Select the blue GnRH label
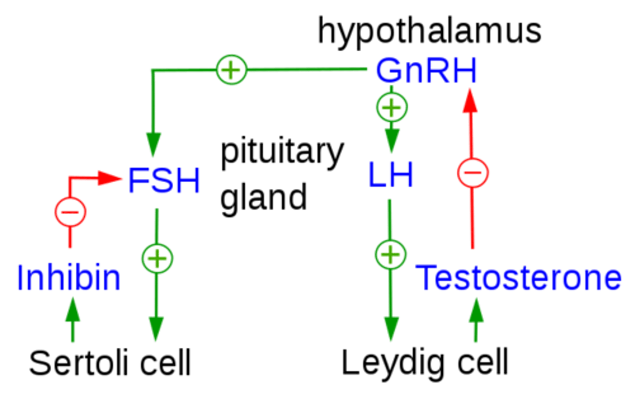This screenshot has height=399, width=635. click(426, 71)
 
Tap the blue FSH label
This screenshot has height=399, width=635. click(164, 180)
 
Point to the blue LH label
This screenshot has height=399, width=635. click(391, 175)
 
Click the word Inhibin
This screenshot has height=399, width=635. click(68, 278)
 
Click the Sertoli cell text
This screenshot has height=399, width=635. click(110, 363)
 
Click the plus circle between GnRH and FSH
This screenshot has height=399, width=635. click(232, 70)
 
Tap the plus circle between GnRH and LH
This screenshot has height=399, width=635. click(392, 107)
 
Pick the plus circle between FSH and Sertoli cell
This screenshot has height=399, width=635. click(157, 258)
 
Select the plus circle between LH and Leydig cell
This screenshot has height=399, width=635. click(390, 255)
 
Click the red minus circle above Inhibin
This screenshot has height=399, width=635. click(70, 211)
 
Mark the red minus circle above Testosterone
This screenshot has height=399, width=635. click(473, 172)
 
